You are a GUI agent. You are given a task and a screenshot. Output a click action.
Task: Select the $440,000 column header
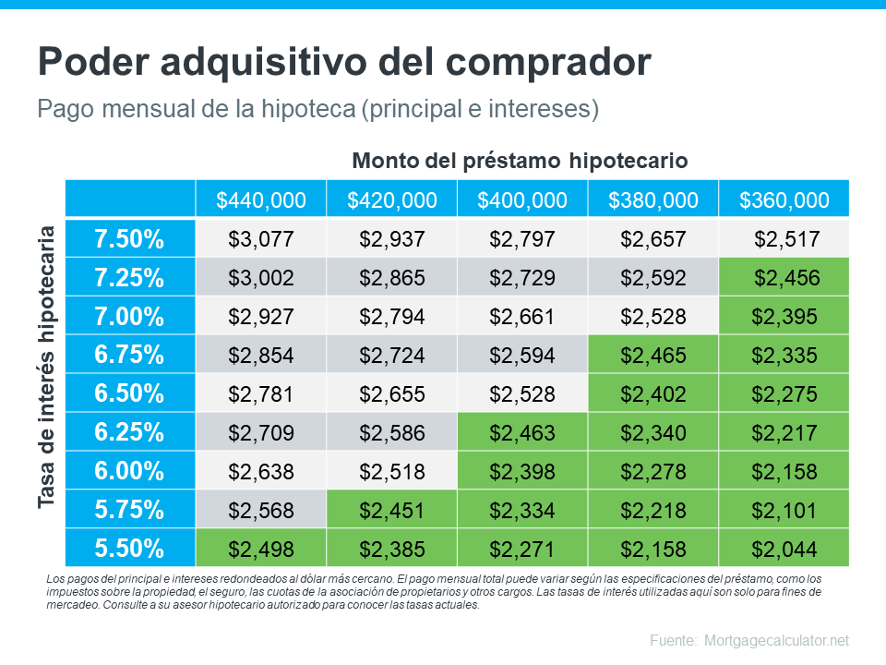click(260, 200)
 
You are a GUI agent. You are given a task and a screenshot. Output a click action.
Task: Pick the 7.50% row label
click(129, 239)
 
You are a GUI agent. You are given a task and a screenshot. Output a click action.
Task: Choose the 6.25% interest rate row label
click(129, 432)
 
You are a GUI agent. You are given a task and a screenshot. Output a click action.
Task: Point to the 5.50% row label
click(129, 549)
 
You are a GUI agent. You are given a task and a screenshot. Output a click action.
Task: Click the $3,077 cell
click(260, 239)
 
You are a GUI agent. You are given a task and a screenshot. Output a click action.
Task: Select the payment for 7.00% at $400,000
click(522, 317)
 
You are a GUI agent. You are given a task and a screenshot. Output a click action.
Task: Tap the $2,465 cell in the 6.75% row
click(653, 356)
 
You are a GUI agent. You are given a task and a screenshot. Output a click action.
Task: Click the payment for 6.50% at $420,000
click(391, 394)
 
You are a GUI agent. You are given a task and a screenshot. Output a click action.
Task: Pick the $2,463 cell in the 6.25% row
click(522, 432)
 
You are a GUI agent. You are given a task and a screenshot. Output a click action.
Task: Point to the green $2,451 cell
click(391, 510)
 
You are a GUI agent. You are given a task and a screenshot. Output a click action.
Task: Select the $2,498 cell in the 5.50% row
click(260, 549)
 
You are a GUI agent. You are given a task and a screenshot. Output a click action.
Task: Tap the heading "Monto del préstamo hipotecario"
click(521, 161)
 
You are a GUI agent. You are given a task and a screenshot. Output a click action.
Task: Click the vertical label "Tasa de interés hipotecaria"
click(48, 366)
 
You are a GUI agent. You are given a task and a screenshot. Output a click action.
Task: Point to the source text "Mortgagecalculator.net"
click(776, 640)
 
